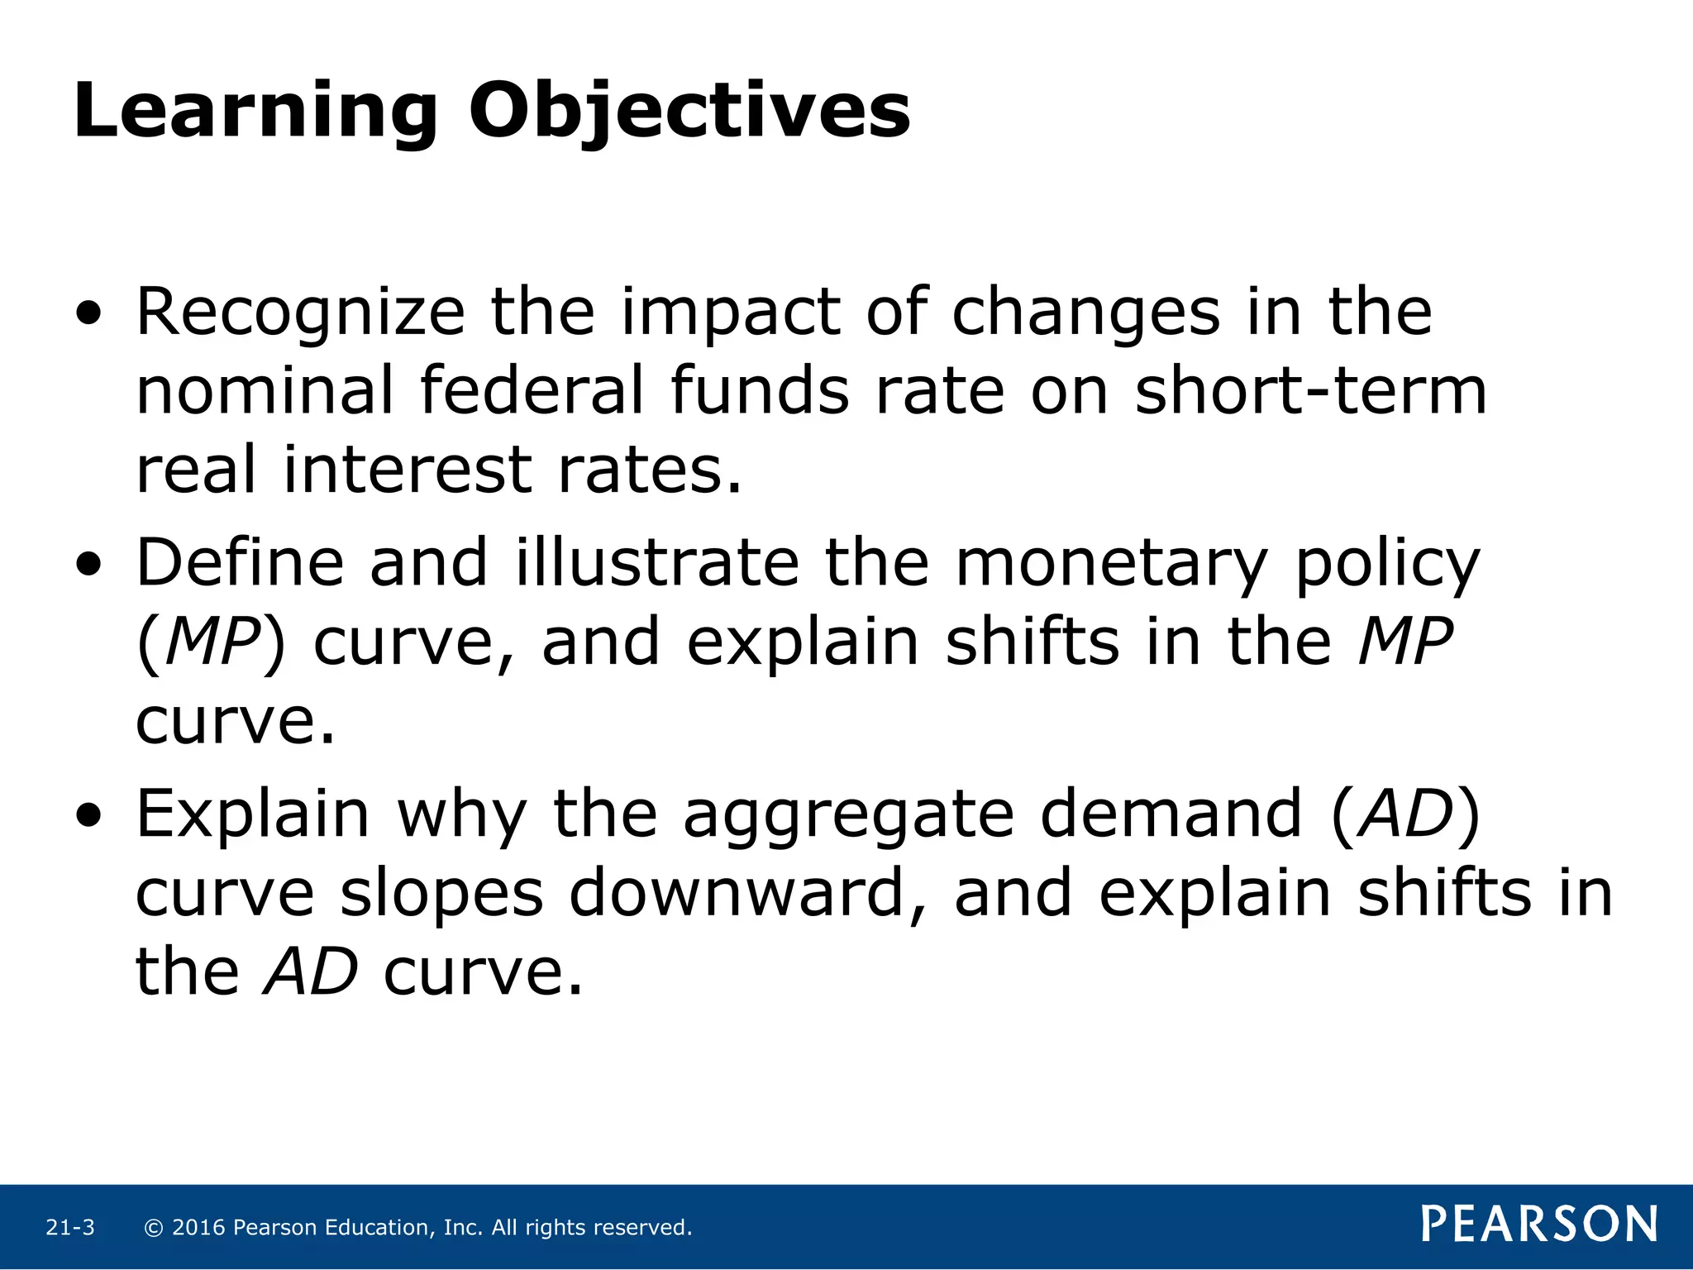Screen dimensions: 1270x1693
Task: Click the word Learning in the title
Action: tap(255, 112)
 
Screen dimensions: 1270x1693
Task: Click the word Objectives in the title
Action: tap(689, 112)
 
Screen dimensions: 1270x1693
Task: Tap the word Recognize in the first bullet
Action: tap(301, 313)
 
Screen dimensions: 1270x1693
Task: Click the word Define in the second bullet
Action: tap(240, 563)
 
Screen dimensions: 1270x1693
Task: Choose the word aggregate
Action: tap(848, 814)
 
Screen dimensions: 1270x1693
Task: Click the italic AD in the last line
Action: tap(311, 972)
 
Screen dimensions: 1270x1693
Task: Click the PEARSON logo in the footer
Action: tap(1539, 1225)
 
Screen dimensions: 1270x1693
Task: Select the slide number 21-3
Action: tap(70, 1228)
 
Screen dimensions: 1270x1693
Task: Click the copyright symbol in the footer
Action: tap(153, 1228)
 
